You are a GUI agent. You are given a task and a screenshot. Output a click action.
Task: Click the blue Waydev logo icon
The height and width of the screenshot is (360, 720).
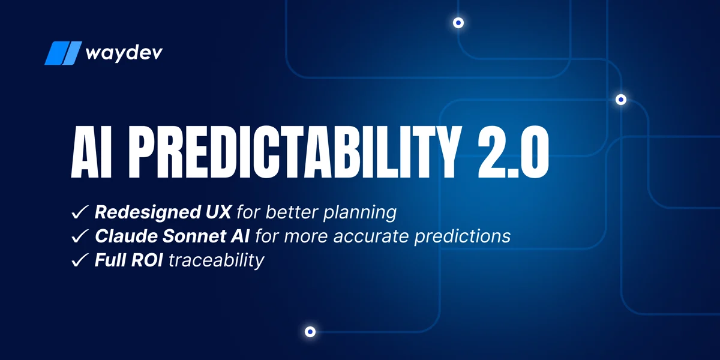(x=64, y=53)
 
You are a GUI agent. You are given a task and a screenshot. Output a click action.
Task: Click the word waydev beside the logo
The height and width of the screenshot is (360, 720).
(x=124, y=53)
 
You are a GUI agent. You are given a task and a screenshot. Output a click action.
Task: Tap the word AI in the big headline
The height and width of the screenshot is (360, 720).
(x=92, y=152)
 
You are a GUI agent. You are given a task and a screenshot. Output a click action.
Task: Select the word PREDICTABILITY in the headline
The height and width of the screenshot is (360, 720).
(x=293, y=152)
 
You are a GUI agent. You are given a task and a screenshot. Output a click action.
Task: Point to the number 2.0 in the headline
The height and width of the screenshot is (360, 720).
(x=514, y=152)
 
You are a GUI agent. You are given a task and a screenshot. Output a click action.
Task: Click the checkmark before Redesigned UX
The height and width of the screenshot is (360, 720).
(x=80, y=212)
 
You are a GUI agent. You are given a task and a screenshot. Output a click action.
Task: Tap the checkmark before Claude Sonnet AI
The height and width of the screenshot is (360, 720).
(x=80, y=236)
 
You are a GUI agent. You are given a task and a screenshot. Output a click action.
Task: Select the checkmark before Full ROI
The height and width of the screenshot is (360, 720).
(x=80, y=260)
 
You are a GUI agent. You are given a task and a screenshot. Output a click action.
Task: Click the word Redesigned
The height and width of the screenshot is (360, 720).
(x=148, y=213)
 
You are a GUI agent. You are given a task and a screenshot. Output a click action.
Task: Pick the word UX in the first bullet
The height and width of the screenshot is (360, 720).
(x=218, y=212)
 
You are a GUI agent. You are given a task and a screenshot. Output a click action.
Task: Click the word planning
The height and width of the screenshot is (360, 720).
(x=360, y=213)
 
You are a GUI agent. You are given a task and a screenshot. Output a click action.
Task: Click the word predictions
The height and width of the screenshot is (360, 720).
(x=462, y=236)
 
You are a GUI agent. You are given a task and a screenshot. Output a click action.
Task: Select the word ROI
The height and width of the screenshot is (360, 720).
(x=146, y=260)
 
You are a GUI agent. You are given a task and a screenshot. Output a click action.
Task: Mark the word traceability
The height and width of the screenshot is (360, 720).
(x=216, y=260)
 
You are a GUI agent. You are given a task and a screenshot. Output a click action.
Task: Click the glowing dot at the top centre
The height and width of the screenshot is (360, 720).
(x=458, y=23)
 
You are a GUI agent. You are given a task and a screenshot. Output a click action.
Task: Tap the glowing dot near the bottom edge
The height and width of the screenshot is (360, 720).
(x=310, y=332)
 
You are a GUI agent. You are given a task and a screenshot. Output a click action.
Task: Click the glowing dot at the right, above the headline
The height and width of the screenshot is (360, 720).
(x=621, y=100)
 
